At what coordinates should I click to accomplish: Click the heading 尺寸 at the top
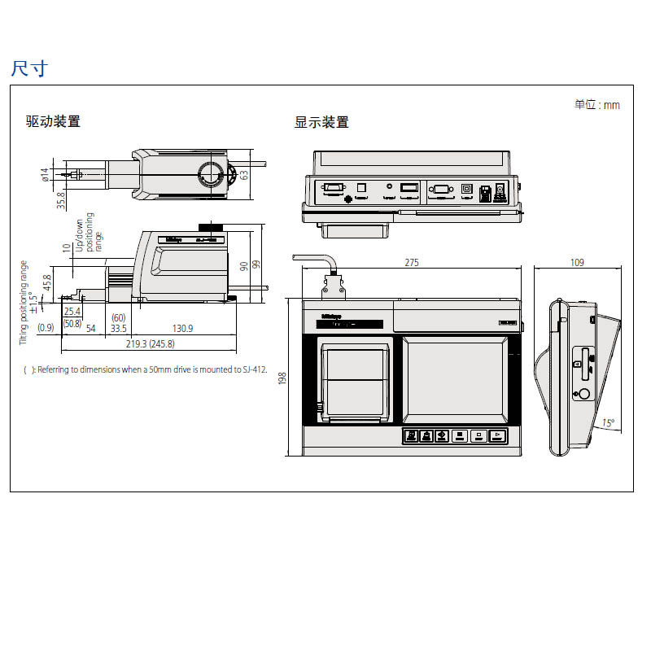tap(29, 68)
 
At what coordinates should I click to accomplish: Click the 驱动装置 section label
tap(53, 122)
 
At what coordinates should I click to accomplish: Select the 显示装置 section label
tap(321, 122)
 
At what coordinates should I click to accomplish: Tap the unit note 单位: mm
tap(596, 104)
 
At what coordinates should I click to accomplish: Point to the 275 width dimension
tap(413, 263)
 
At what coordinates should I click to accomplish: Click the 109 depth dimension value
tap(577, 263)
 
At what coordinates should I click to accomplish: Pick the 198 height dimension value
tap(282, 378)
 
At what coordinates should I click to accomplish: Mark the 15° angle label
tap(608, 423)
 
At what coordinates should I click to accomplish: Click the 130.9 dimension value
tap(183, 328)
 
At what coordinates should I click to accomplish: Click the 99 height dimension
tap(256, 264)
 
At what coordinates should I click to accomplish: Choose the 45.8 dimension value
tap(46, 282)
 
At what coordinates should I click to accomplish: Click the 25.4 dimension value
tap(72, 312)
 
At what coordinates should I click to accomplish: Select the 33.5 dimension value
tap(119, 328)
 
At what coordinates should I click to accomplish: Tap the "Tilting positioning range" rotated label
tap(24, 301)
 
